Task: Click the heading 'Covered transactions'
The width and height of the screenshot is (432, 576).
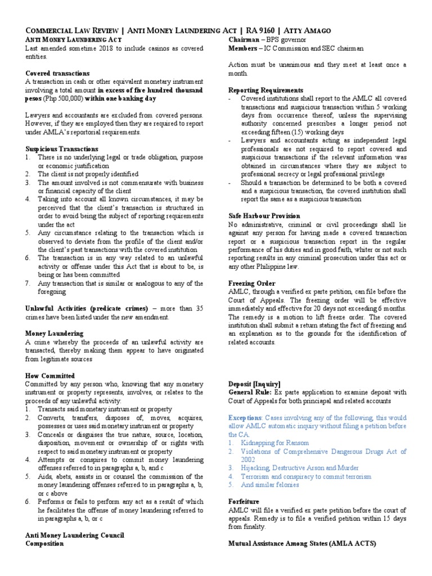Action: click(57, 74)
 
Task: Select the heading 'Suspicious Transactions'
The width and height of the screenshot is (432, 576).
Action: click(62, 149)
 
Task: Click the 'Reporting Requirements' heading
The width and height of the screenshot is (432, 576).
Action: click(265, 90)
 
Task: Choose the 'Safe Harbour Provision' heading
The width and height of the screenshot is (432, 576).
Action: click(264, 216)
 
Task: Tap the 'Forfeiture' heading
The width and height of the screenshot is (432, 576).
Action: click(244, 501)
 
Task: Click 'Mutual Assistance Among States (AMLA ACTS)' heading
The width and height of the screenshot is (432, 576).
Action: click(302, 543)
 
